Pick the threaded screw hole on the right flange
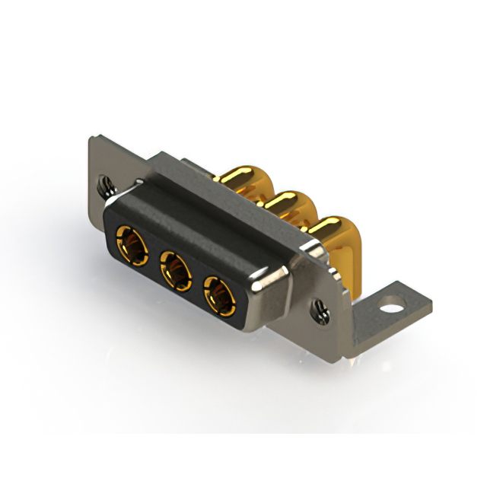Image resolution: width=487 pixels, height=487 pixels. click(321, 308)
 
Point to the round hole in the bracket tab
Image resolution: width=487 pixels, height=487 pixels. click(392, 310)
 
